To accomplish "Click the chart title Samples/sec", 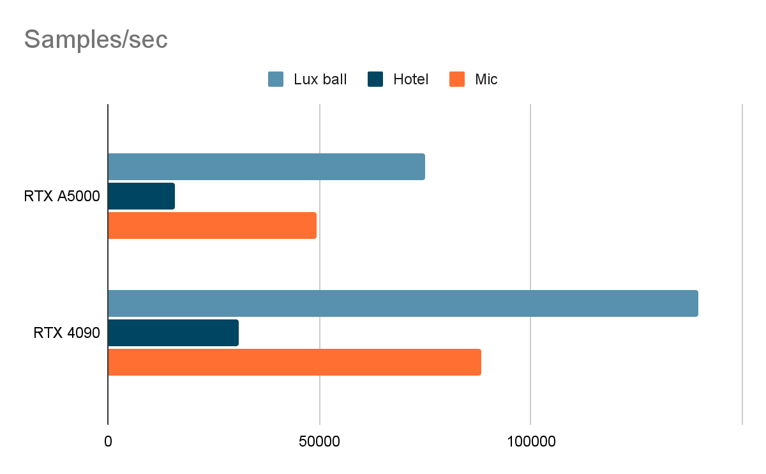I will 96,40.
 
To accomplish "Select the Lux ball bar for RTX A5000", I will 266,167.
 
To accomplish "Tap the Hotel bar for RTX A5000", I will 141,196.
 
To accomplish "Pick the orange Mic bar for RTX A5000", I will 212,226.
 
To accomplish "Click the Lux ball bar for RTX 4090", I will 403,303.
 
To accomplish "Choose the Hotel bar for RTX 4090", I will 173,333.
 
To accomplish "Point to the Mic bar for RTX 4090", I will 294,362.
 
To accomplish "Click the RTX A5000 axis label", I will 62,196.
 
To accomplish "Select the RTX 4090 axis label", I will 66,333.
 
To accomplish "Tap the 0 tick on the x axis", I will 108,441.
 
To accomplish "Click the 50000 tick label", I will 319,441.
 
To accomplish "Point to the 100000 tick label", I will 530,441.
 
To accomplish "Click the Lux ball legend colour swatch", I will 276,80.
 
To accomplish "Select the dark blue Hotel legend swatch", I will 375,80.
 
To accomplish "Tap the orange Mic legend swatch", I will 457,80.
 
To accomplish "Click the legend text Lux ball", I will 320,80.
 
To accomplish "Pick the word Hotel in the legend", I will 410,80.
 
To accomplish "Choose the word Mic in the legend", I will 486,80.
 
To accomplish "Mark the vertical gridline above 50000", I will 319,128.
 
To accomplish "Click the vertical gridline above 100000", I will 530,128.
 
